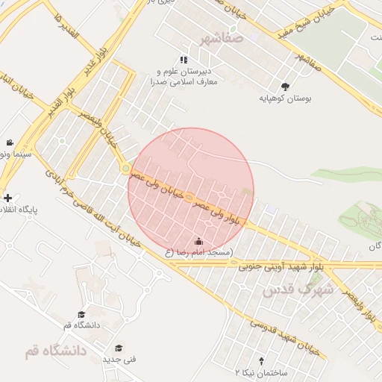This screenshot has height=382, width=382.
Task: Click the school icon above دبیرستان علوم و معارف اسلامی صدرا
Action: click(184, 60)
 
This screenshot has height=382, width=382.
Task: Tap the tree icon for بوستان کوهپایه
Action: click(286, 86)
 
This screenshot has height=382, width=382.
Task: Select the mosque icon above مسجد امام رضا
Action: click(198, 241)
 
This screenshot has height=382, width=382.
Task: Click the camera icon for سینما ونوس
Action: click(9, 142)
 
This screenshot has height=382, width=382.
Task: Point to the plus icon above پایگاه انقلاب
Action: click(7, 198)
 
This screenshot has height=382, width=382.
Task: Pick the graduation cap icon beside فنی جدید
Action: click(118, 348)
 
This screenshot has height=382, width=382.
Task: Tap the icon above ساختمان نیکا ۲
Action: click(260, 360)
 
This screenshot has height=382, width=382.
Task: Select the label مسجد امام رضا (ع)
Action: click(200, 253)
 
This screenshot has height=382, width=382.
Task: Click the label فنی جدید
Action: click(119, 360)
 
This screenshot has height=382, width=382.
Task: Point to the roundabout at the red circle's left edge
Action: click(125, 169)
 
